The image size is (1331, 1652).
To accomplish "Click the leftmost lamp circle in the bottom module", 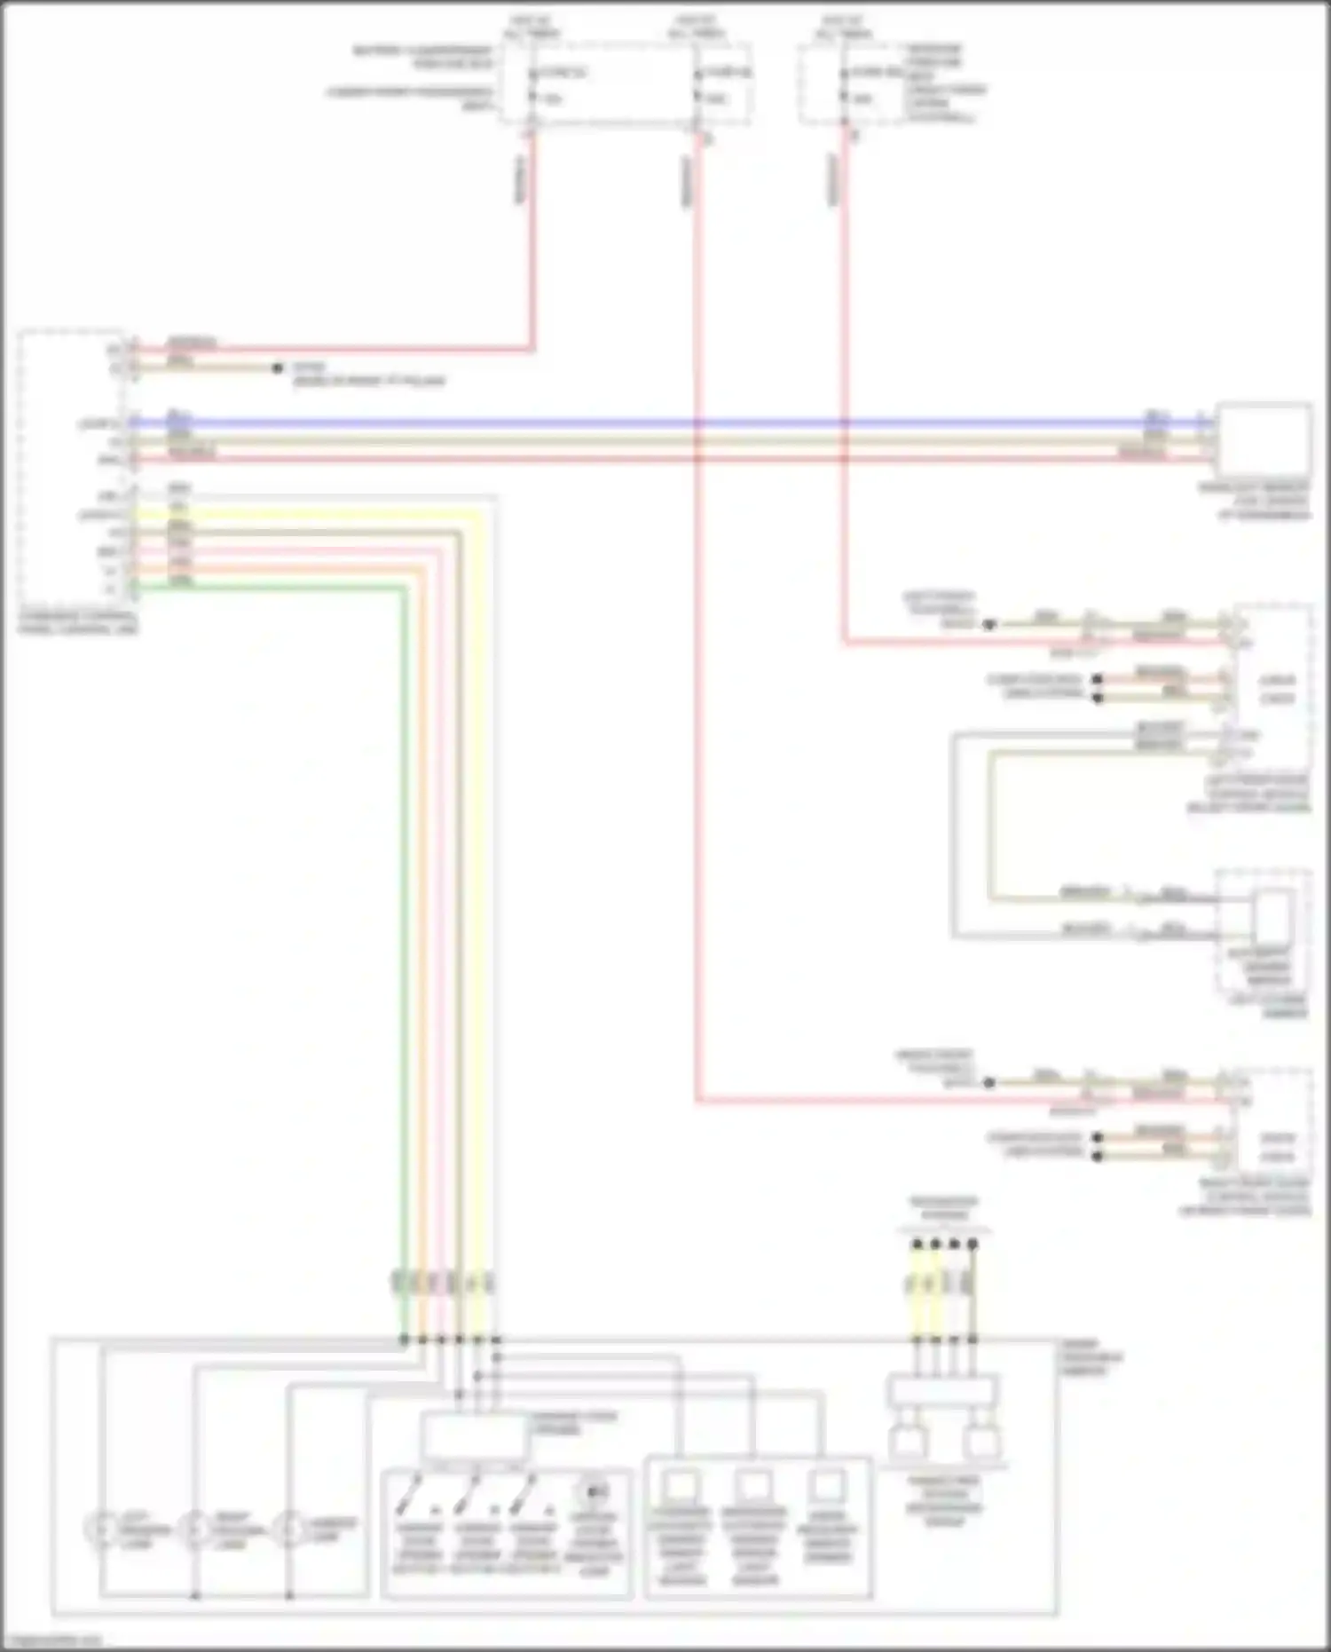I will click(x=99, y=1529).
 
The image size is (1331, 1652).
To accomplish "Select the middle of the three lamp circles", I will click(x=193, y=1529).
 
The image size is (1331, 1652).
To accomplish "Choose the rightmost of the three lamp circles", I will click(x=287, y=1529).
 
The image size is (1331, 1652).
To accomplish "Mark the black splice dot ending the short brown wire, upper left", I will click(x=278, y=368).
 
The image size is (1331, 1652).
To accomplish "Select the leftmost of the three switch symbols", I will click(x=409, y=1498).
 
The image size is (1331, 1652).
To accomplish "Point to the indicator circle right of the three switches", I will click(x=594, y=1491).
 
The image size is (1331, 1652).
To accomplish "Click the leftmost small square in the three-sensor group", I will click(x=681, y=1485).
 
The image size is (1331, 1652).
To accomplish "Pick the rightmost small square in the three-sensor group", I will click(x=827, y=1485).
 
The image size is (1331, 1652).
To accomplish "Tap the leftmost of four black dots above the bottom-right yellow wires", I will click(x=917, y=1245).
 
